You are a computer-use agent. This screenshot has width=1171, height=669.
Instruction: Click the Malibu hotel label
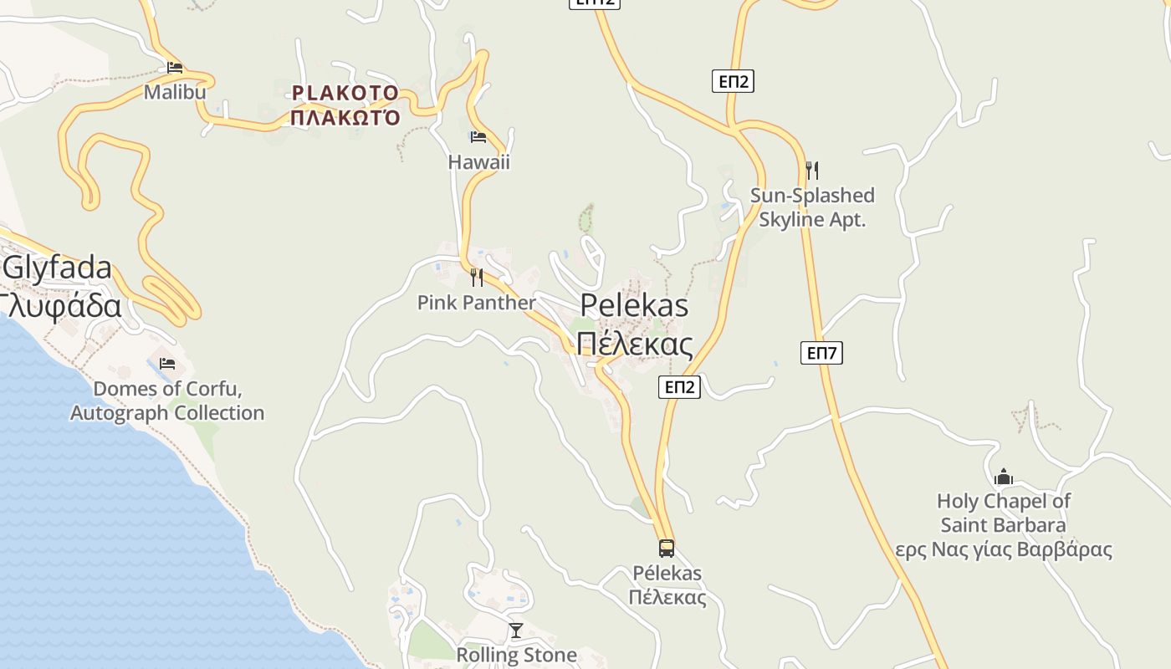(175, 92)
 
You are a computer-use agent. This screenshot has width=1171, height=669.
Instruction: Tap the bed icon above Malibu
(174, 68)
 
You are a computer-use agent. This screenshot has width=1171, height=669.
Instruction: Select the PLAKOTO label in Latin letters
(345, 93)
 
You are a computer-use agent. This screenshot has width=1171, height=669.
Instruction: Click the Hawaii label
(478, 162)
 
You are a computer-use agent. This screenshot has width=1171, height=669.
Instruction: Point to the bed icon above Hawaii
(478, 137)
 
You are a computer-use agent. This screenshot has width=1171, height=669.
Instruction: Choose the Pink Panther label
(476, 303)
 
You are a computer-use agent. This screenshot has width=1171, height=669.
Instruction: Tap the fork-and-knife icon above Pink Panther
(477, 277)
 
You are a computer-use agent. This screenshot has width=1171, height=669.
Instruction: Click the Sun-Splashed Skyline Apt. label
(812, 207)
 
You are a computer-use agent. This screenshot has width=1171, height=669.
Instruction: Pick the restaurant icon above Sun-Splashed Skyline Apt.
(811, 170)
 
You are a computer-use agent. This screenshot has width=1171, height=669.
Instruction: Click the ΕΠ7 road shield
(821, 353)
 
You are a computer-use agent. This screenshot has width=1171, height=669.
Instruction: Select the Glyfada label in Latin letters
(57, 268)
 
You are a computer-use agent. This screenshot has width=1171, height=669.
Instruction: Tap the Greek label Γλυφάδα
(60, 306)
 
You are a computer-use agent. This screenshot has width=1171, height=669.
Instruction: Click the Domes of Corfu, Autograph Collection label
(167, 401)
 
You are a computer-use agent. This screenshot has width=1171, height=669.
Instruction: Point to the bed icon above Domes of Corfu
(167, 364)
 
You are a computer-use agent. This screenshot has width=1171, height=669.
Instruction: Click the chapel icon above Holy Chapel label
(1003, 477)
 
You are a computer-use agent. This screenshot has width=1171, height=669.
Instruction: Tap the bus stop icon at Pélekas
(667, 549)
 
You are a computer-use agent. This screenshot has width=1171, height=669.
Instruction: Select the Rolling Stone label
(516, 655)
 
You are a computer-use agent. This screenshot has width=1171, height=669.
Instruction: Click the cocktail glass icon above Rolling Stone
(516, 631)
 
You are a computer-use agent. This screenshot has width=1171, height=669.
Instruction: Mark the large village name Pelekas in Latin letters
(634, 305)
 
